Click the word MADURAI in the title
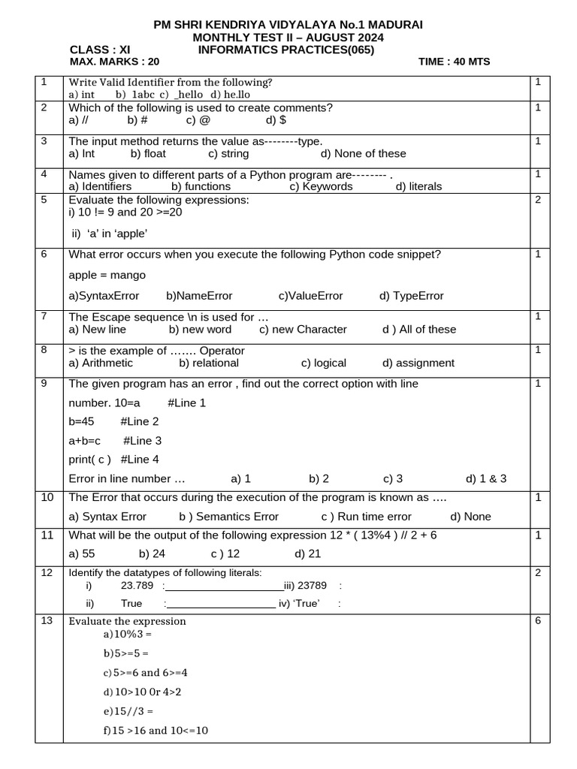394,25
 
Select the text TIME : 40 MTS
454,62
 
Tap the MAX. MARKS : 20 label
114,62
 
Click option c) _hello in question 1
181,95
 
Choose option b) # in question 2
137,119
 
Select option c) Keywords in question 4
321,186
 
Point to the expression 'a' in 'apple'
110,233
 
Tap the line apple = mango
107,275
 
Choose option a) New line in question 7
97,329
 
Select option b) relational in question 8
209,363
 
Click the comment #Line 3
142,440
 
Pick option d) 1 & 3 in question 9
486,478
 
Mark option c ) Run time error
366,516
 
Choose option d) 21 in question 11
308,553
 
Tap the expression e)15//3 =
128,710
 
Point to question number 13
47,620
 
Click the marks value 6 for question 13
538,620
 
